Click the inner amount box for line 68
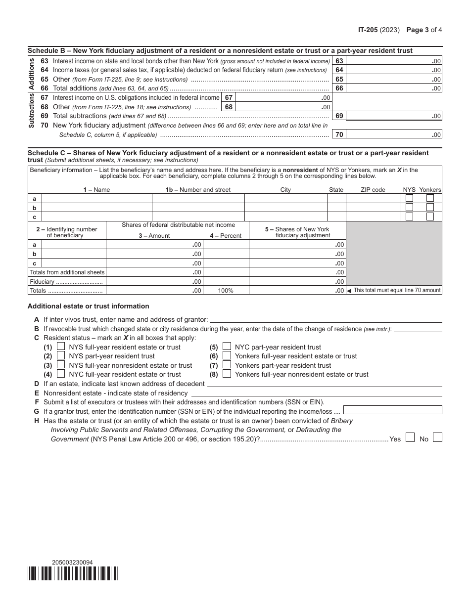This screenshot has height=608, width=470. click(283, 107)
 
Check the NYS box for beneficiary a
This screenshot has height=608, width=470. click(409, 198)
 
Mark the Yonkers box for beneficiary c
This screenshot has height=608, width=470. click(430, 217)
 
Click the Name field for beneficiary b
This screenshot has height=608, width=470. click(96, 208)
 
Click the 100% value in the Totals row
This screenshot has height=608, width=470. click(226, 291)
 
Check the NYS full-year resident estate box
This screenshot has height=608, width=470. click(61, 347)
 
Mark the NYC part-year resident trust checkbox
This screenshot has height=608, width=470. click(227, 347)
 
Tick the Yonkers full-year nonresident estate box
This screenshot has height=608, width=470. click(227, 374)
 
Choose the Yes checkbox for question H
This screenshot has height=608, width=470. click(410, 437)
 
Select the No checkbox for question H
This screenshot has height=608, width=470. click(437, 437)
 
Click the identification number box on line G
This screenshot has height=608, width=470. click(392, 410)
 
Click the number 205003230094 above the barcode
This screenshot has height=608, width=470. click(72, 562)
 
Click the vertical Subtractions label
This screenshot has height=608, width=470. click(31, 110)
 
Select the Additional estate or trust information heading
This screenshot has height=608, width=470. click(89, 306)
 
